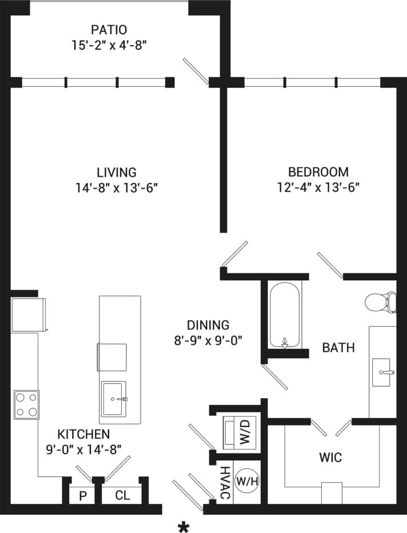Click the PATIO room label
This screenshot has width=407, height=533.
pos(109,29)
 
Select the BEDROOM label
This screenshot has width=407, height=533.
pos(318,172)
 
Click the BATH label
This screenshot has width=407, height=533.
pos(338,347)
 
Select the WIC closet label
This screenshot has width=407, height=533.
pos(330,458)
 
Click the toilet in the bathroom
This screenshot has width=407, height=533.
pos(381,303)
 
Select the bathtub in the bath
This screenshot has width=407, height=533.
pos(284,315)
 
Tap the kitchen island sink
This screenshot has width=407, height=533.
pos(114,399)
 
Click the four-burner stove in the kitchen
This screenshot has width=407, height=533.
pos(26,404)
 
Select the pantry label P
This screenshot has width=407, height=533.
pos(82,496)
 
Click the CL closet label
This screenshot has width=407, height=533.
pos(122,496)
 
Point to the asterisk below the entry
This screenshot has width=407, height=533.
pos(183,527)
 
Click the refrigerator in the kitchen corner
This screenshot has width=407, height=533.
pos(27,314)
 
